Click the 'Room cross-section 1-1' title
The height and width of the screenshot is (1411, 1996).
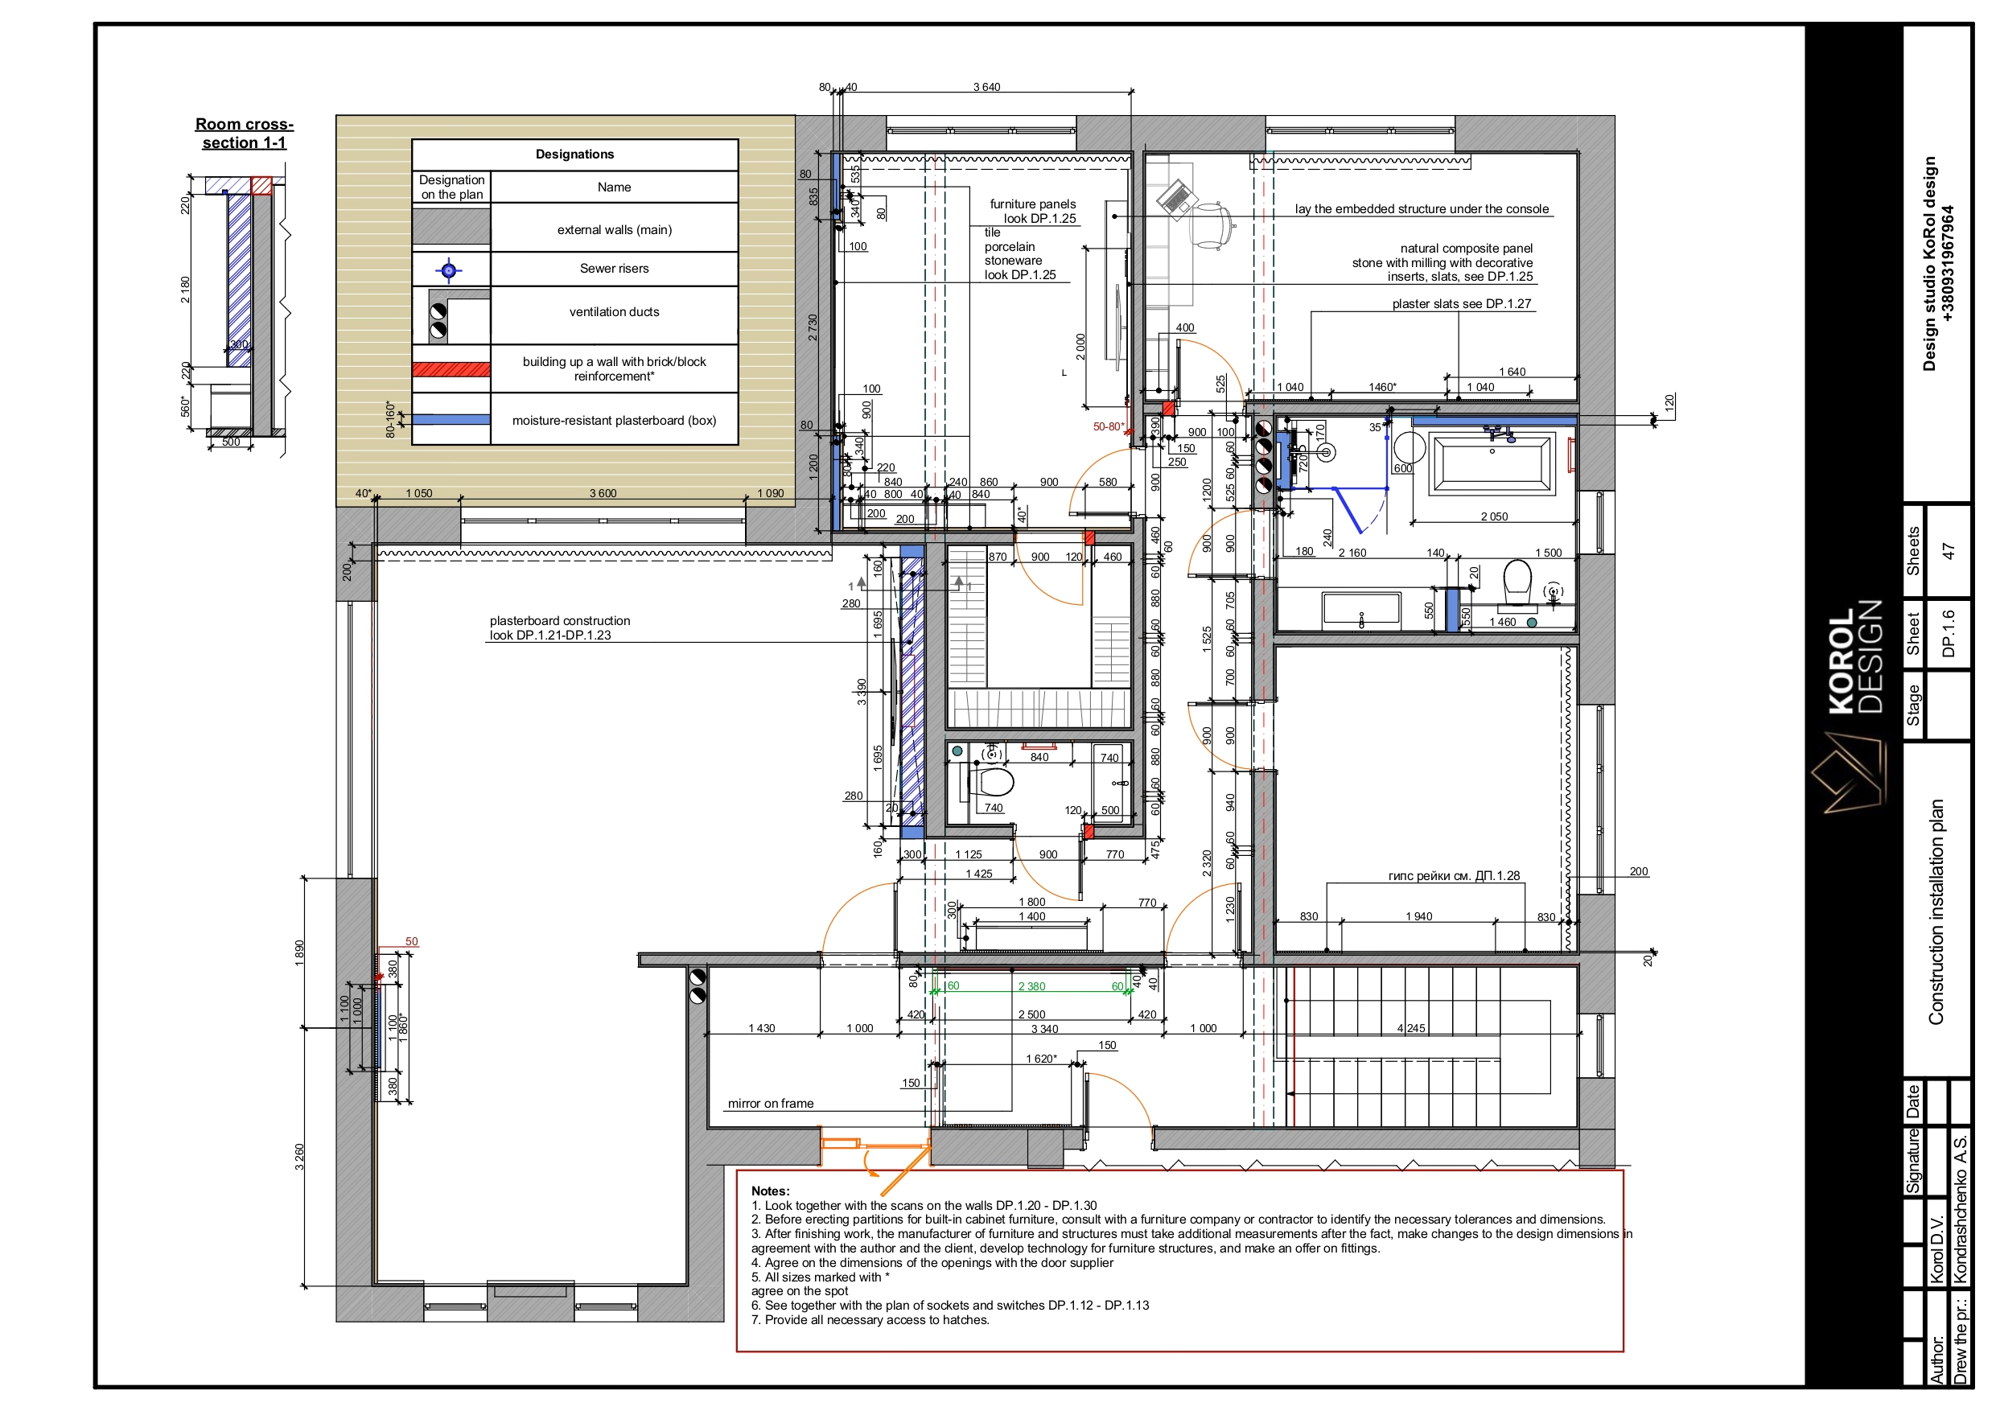pyautogui.click(x=245, y=133)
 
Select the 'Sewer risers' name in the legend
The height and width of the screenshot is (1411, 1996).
pyautogui.click(x=614, y=269)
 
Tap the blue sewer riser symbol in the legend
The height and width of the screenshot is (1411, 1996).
pyautogui.click(x=449, y=270)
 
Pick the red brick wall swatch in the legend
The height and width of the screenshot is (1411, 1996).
pyautogui.click(x=451, y=369)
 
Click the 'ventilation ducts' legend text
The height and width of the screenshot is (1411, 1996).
pyautogui.click(x=614, y=312)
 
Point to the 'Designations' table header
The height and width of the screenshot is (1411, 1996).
pyautogui.click(x=574, y=154)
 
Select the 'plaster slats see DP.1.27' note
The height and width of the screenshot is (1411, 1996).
pyautogui.click(x=1461, y=303)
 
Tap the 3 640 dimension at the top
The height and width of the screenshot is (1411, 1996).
pyautogui.click(x=986, y=87)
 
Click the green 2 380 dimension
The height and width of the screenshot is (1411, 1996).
pyautogui.click(x=1032, y=986)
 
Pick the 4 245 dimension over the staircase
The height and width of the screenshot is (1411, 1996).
pyautogui.click(x=1411, y=1027)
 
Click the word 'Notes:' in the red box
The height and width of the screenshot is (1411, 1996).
pyautogui.click(x=770, y=1191)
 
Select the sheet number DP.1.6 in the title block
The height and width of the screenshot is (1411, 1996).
pyautogui.click(x=1949, y=633)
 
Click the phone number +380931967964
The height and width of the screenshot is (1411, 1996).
pyautogui.click(x=1949, y=263)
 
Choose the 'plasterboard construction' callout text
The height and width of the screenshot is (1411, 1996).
pyautogui.click(x=560, y=621)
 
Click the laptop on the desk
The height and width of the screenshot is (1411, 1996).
pyautogui.click(x=1175, y=197)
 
